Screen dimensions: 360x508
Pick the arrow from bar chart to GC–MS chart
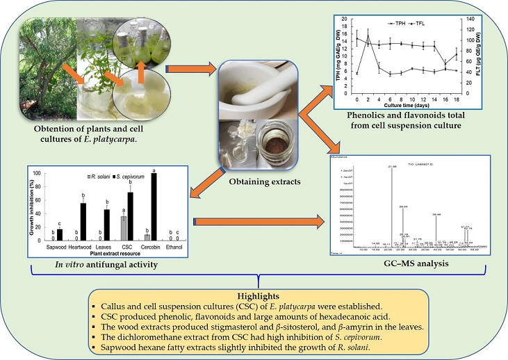tap(268, 224)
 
